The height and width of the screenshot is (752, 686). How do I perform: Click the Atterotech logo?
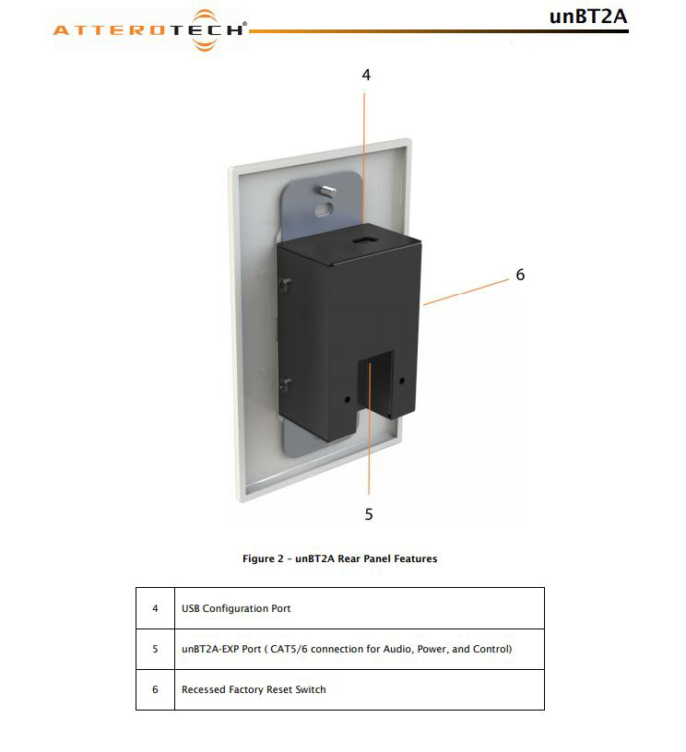pos(149,30)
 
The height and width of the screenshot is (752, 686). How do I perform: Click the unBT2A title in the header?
pos(588,17)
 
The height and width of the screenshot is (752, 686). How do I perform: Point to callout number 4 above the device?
pos(366,75)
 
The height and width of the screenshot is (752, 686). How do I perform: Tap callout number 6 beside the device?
pos(520,275)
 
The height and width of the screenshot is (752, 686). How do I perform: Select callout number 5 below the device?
pos(369,514)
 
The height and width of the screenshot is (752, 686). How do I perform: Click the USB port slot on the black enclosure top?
pos(363,241)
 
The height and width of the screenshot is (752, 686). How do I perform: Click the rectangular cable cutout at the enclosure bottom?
pos(375,383)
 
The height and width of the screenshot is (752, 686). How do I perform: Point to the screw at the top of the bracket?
pos(328,191)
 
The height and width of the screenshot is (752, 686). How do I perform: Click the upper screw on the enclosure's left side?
pos(286,285)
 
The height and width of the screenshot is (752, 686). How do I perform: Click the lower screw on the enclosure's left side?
pos(286,383)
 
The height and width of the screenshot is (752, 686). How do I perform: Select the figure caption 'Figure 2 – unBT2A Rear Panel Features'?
pos(339,558)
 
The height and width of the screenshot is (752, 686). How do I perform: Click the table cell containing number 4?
pos(155,608)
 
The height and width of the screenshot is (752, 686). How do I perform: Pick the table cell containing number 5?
pos(155,649)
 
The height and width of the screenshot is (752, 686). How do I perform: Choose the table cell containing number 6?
pos(155,689)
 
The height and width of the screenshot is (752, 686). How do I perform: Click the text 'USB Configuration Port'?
pos(236,608)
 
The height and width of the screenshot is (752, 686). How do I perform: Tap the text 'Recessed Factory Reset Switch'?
pos(254,689)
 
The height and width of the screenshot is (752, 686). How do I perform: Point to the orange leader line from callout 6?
pos(466,291)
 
